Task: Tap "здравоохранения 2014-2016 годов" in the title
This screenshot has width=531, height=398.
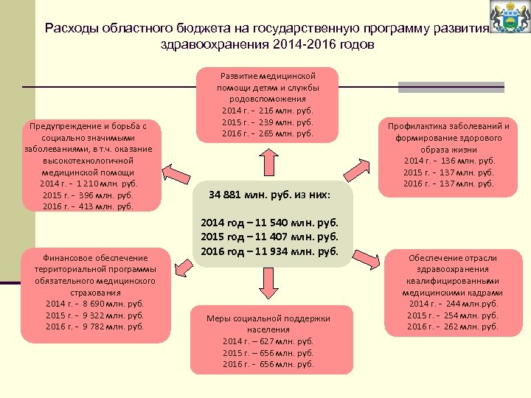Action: [266, 44]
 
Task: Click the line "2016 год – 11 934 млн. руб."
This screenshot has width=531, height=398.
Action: [269, 251]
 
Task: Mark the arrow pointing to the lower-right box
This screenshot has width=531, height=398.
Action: [366, 257]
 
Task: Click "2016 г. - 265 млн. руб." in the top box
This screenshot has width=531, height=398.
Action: [268, 133]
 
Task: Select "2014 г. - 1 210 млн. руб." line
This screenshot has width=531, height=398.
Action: [89, 184]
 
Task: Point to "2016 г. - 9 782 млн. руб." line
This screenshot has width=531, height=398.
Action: [94, 327]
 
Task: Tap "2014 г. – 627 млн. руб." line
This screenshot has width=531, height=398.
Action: [268, 341]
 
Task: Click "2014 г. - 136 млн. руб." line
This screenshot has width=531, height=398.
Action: [450, 161]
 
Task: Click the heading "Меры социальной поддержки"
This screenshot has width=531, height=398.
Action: [268, 318]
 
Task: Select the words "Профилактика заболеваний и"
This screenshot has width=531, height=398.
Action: [450, 126]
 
